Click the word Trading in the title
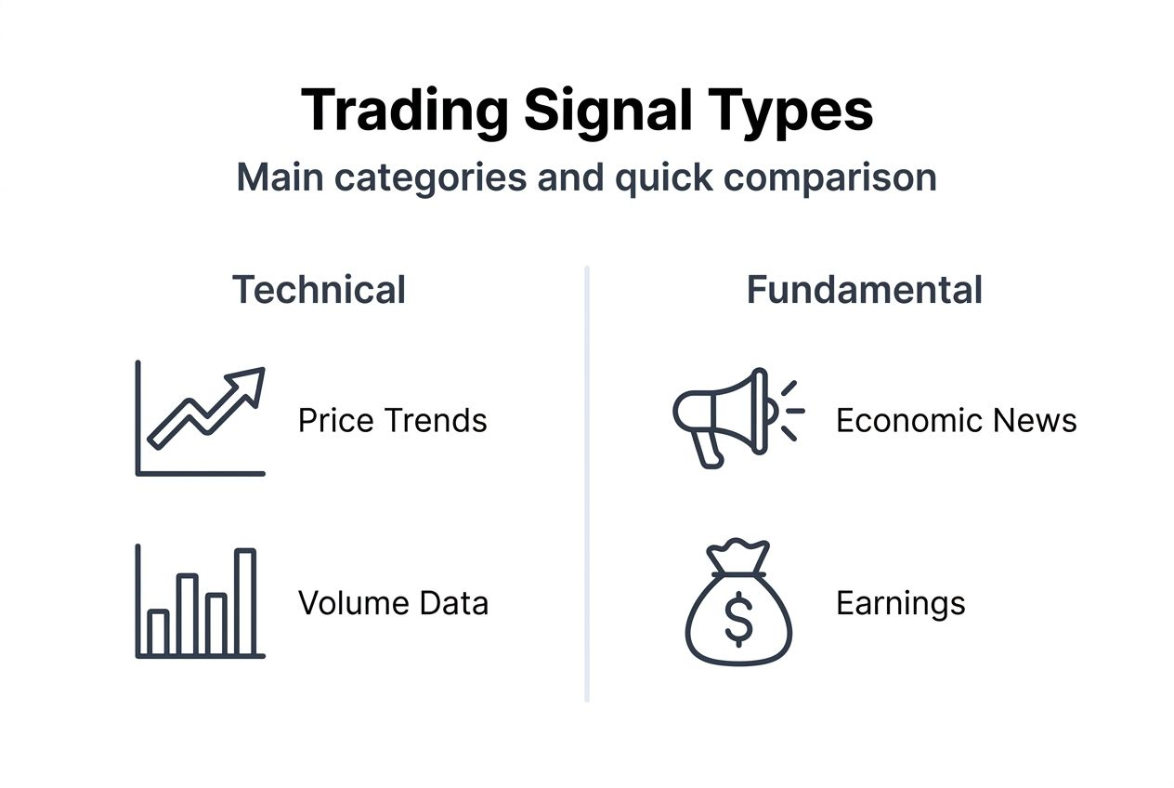click(x=404, y=111)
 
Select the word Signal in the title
click(x=607, y=111)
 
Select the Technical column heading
click(x=319, y=290)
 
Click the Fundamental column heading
click(x=864, y=290)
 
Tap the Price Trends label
click(x=392, y=420)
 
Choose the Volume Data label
click(x=393, y=603)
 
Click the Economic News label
click(x=956, y=420)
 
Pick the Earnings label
click(x=900, y=603)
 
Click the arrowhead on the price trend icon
click(x=249, y=381)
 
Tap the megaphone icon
click(x=724, y=414)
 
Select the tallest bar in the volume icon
click(x=244, y=602)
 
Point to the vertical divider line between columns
click(x=587, y=483)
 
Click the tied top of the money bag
click(x=737, y=554)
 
